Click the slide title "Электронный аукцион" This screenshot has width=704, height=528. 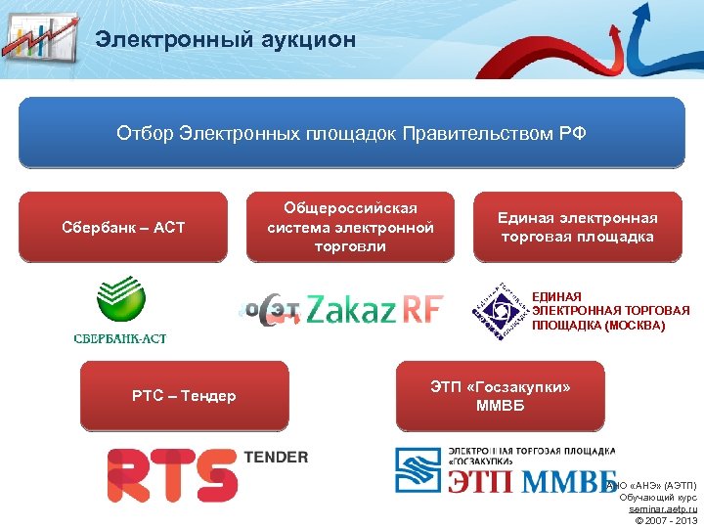pyautogui.click(x=225, y=40)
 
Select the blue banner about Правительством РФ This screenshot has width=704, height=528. pyautogui.click(x=351, y=133)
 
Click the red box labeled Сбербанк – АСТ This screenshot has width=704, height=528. pyautogui.click(x=123, y=228)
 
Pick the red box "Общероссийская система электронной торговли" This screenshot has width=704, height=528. pyautogui.click(x=350, y=227)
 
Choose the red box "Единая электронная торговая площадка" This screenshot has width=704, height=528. pyautogui.click(x=577, y=227)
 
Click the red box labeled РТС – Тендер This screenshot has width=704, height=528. pyautogui.click(x=184, y=396)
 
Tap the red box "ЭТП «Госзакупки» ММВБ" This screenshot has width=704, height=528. pyautogui.click(x=500, y=396)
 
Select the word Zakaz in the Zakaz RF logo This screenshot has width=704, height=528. pyautogui.click(x=349, y=310)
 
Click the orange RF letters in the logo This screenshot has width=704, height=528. pyautogui.click(x=419, y=310)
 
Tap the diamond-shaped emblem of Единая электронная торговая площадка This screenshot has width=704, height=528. pyautogui.click(x=498, y=312)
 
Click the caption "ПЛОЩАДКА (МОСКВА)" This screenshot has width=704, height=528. pyautogui.click(x=597, y=326)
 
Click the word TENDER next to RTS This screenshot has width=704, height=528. pyautogui.click(x=275, y=457)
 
